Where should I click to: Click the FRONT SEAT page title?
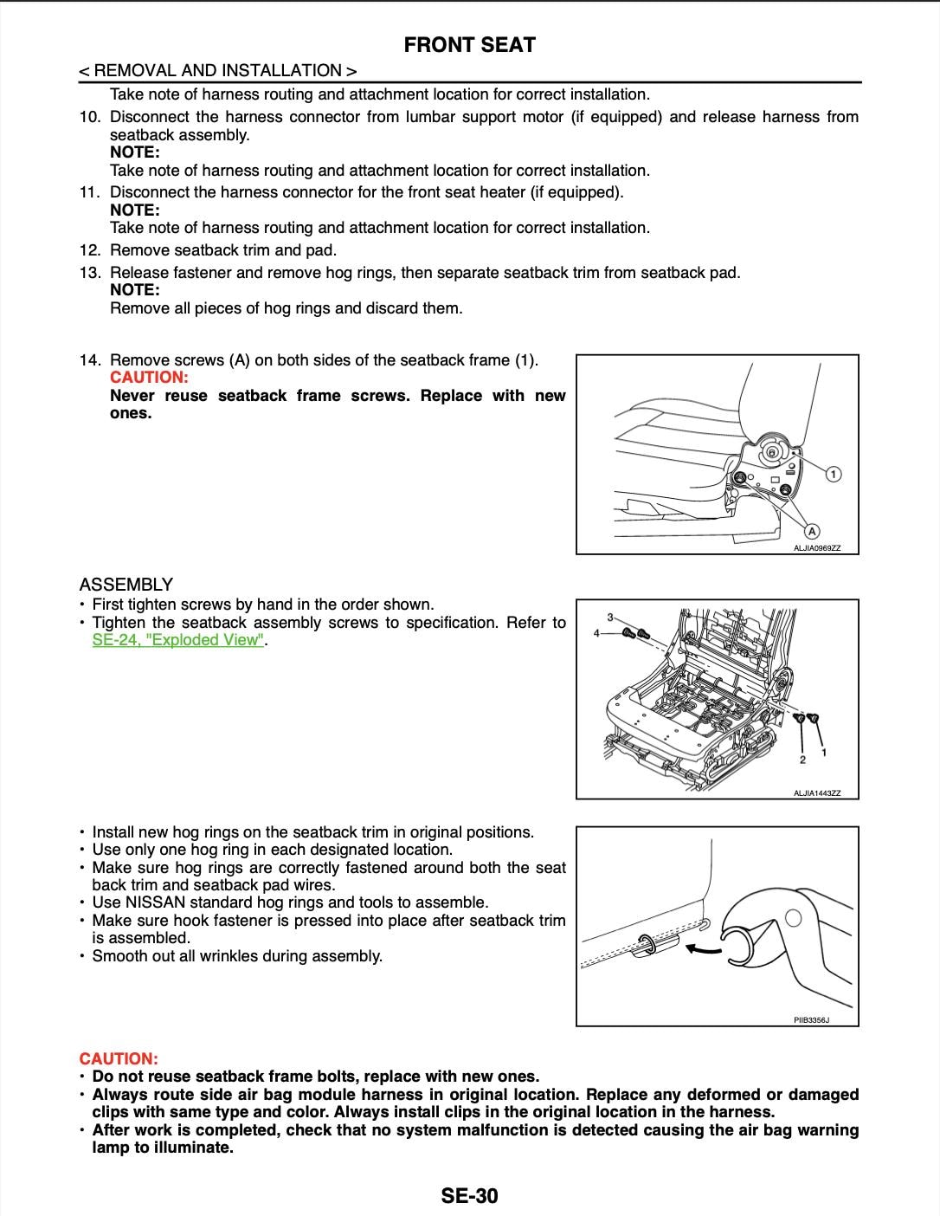[x=469, y=45]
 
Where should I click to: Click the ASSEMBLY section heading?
[x=126, y=585]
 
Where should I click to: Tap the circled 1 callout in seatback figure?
[x=834, y=474]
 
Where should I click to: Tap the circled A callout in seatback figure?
[x=812, y=531]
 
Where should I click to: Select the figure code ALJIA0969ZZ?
[x=817, y=547]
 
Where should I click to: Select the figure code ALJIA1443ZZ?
[x=817, y=792]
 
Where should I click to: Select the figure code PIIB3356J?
[x=812, y=1020]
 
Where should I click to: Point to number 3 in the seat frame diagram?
[x=610, y=617]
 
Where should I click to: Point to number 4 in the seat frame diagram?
[x=596, y=634]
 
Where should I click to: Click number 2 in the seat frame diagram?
[x=803, y=760]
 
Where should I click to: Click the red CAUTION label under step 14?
[x=149, y=378]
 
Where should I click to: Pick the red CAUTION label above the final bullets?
[x=119, y=1058]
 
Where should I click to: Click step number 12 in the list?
[x=91, y=250]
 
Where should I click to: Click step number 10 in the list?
[x=91, y=117]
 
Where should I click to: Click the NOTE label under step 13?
[x=135, y=290]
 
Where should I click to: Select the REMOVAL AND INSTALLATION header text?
[x=218, y=70]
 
